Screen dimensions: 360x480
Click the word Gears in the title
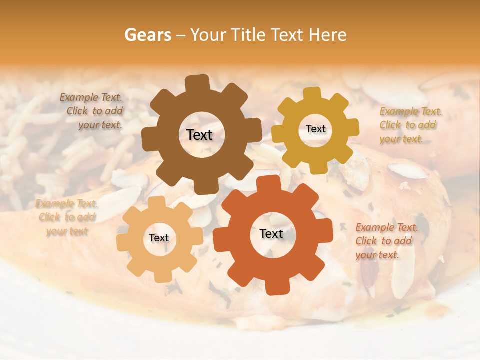(x=148, y=35)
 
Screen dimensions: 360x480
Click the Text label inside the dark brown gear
(x=199, y=135)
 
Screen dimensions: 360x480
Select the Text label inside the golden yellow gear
(x=315, y=129)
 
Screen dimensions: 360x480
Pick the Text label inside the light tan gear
(x=159, y=238)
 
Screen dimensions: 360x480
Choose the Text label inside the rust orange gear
(x=271, y=233)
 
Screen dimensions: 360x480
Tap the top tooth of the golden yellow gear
(x=312, y=94)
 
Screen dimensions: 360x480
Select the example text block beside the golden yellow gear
(x=410, y=125)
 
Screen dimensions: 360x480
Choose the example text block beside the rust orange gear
(x=386, y=241)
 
